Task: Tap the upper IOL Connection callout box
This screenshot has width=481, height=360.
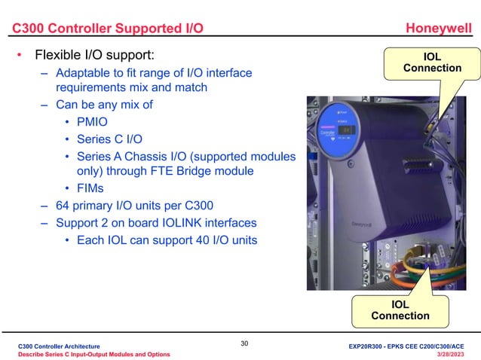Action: click(x=432, y=63)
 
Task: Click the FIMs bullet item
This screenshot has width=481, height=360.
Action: click(x=90, y=188)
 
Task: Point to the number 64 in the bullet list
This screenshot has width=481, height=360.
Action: click(x=64, y=206)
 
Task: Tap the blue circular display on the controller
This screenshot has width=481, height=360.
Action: click(x=339, y=129)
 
